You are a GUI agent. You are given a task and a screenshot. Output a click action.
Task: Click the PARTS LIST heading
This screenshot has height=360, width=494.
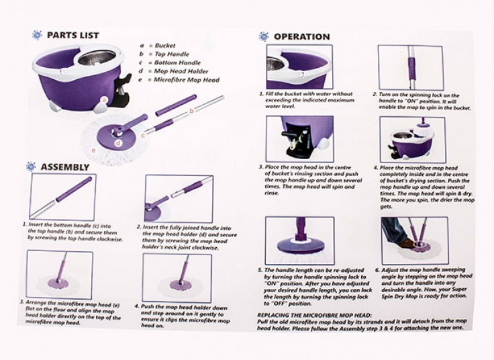tap(72, 35)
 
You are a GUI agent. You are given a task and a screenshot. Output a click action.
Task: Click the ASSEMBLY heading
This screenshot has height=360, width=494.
tap(65, 167)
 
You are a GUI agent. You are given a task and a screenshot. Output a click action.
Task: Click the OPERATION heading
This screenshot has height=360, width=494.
tap(302, 36)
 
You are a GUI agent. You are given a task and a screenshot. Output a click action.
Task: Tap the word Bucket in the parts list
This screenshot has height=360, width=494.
tap(165, 46)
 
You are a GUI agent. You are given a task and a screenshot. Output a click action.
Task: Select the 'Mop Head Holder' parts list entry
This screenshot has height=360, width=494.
tap(181, 71)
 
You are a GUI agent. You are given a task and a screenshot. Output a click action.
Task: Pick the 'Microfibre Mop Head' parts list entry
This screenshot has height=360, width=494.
tap(186, 80)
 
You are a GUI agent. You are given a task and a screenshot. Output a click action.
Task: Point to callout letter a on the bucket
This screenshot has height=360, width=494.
tap(105, 100)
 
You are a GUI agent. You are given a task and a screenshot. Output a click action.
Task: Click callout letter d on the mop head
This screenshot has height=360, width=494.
tap(118, 144)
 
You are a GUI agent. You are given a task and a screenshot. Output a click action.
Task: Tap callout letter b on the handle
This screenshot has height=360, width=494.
tap(191, 110)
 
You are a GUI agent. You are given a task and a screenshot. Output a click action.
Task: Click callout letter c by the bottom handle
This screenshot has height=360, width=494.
tap(144, 136)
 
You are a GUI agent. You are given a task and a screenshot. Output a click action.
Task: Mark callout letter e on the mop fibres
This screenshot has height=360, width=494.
tap(93, 150)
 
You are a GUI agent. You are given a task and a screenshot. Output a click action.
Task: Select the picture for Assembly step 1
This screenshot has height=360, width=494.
tap(62, 197)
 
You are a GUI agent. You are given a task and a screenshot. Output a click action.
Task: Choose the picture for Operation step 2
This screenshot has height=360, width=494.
tap(411, 67)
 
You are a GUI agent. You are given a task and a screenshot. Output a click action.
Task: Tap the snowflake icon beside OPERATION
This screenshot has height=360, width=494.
tap(264, 36)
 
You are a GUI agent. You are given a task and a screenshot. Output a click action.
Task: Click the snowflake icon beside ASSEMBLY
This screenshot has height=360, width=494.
tap(31, 167)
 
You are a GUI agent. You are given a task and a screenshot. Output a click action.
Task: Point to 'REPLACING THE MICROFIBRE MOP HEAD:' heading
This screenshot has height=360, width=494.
tap(314, 315)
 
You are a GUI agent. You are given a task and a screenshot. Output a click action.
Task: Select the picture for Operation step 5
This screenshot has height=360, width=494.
tap(299, 240)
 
